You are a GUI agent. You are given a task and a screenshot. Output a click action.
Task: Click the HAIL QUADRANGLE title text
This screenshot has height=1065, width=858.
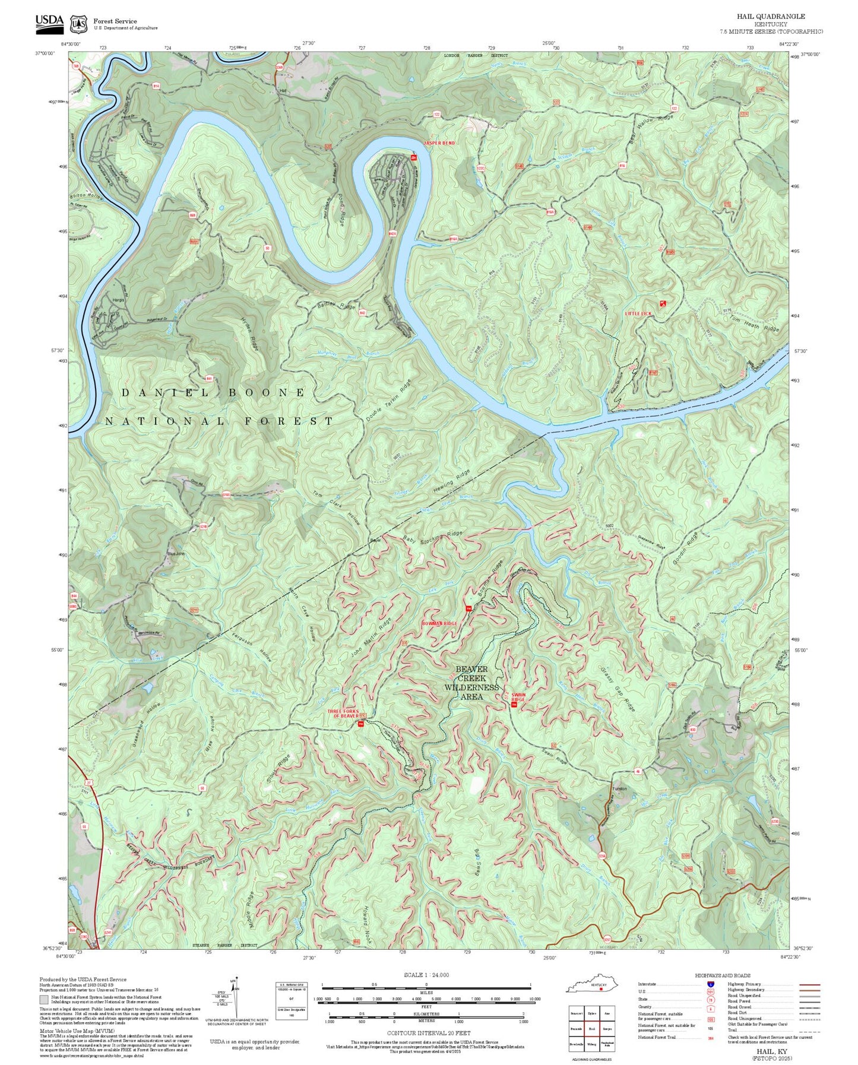[771, 17]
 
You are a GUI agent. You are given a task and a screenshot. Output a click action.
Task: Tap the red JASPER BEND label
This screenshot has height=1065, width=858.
[439, 143]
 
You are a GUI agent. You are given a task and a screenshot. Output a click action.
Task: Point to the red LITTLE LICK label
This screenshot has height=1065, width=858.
[638, 313]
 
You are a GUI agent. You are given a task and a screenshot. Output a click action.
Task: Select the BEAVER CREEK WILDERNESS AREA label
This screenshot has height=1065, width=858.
[472, 683]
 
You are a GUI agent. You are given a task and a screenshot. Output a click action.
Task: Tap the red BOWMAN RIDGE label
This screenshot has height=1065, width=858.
[439, 624]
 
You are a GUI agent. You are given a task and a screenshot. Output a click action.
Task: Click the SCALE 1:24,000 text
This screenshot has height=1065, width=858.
[426, 975]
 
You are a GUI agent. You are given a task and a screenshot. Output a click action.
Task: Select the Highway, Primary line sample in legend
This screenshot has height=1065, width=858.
[809, 984]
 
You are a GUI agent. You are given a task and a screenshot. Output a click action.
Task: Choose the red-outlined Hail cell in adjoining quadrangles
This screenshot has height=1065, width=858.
[591, 1029]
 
